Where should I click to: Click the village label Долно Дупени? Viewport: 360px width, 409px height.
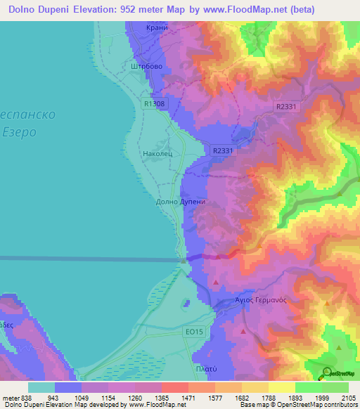point(180,202)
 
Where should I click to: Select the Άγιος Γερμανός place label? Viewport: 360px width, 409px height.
point(260,299)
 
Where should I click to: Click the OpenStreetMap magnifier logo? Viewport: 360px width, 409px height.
point(327,372)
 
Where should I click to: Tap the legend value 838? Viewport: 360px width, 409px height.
point(27,398)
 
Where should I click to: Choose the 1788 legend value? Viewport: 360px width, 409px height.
point(267,398)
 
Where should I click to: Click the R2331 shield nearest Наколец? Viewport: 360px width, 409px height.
point(221,150)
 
